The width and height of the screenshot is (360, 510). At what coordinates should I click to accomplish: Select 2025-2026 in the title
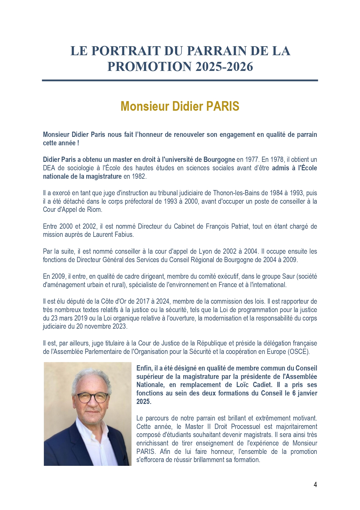(224, 67)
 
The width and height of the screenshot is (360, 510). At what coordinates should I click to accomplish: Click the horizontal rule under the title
(180, 80)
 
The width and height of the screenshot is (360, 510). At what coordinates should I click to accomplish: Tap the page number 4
(315, 484)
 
